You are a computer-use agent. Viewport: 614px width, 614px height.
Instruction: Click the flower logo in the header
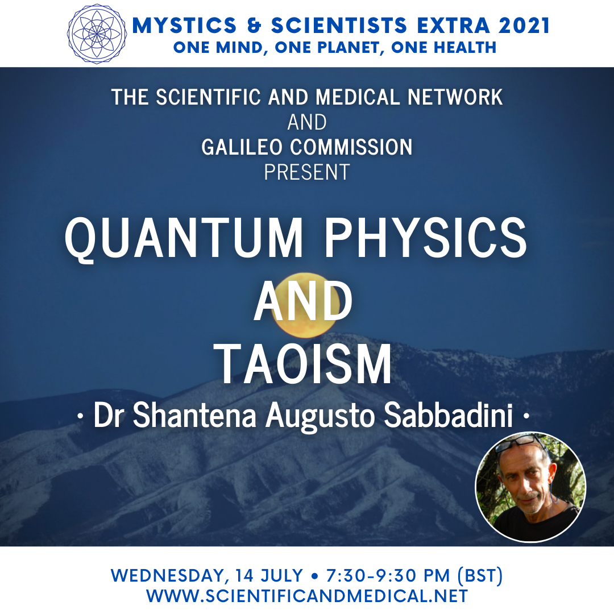pos(97,34)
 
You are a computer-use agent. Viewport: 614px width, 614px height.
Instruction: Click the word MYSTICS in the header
pos(184,26)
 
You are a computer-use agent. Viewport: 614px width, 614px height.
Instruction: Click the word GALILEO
pos(242,147)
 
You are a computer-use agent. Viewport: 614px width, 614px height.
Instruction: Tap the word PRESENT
pos(307,172)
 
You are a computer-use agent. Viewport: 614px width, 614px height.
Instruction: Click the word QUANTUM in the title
pos(184,238)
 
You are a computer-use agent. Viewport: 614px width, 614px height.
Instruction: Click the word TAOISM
pos(305,364)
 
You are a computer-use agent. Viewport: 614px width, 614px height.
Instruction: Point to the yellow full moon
pos(305,305)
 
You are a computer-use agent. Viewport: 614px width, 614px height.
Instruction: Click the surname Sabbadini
pos(449,415)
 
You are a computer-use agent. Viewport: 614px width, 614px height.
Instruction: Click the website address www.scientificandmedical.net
pos(308,596)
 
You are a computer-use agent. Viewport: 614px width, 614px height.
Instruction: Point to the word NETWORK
pos(455,97)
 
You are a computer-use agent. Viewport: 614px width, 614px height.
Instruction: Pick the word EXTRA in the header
pos(453,26)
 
